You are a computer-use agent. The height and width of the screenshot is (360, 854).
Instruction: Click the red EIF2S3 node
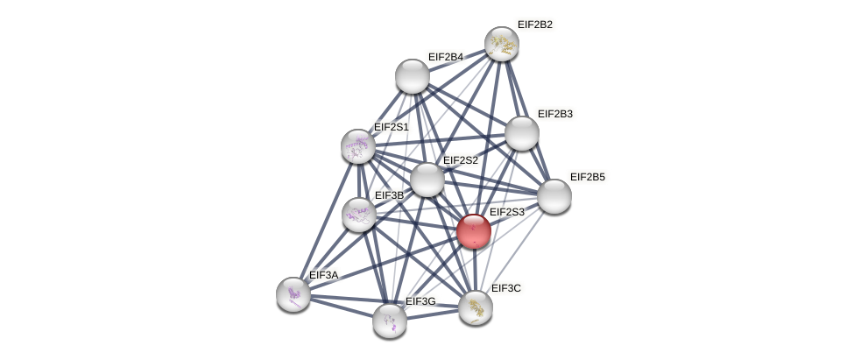pyautogui.click(x=474, y=231)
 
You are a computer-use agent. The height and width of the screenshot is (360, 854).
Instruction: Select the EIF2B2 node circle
pyautogui.click(x=502, y=44)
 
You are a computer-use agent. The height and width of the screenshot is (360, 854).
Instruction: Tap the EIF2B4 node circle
pyautogui.click(x=412, y=76)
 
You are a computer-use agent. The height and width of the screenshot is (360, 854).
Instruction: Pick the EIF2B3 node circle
pyautogui.click(x=522, y=133)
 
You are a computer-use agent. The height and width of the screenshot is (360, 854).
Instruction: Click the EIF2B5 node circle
pyautogui.click(x=554, y=195)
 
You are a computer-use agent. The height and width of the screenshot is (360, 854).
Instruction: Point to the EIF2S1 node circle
pyautogui.click(x=357, y=146)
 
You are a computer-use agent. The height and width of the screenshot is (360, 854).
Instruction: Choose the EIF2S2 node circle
pyautogui.click(x=427, y=180)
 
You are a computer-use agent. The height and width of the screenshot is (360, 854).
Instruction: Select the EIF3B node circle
pyautogui.click(x=358, y=214)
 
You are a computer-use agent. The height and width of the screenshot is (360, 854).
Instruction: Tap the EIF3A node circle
pyautogui.click(x=293, y=293)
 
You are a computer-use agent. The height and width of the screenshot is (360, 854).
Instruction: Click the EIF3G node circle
pyautogui.click(x=390, y=320)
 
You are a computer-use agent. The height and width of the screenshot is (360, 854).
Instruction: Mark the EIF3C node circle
pyautogui.click(x=476, y=307)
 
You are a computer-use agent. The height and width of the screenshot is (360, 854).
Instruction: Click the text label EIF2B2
pyautogui.click(x=534, y=25)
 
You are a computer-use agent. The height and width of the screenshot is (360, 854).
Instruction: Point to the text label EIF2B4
pyautogui.click(x=445, y=57)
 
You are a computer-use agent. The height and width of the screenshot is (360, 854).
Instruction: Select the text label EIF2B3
pyautogui.click(x=554, y=114)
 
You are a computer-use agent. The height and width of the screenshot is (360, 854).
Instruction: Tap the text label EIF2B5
pyautogui.click(x=587, y=177)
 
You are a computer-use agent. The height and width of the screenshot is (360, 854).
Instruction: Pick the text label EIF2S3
pyautogui.click(x=506, y=212)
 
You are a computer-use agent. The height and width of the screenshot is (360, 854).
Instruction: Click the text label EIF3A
pyautogui.click(x=323, y=275)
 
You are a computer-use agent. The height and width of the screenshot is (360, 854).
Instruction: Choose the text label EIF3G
pyautogui.click(x=420, y=301)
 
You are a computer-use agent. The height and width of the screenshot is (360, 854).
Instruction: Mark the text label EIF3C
pyautogui.click(x=507, y=287)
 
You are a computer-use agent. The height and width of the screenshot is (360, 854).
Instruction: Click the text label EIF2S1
pyautogui.click(x=391, y=127)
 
